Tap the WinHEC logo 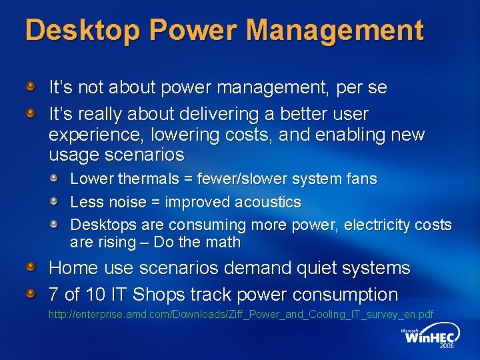(429, 338)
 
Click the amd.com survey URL (241, 314)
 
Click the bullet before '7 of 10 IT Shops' (31, 294)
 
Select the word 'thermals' (148, 179)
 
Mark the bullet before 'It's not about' (31, 87)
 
